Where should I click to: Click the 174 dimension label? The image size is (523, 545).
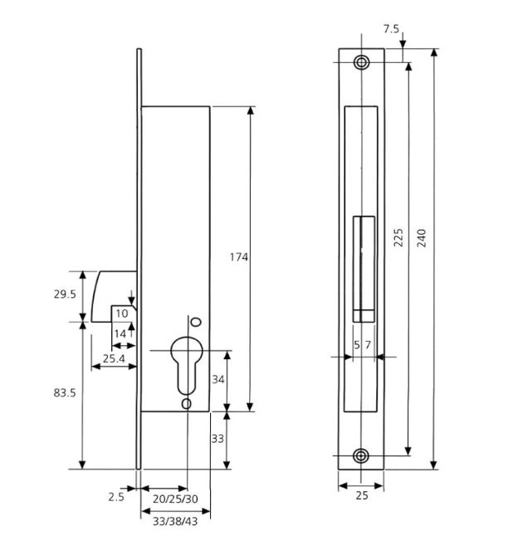(239, 257)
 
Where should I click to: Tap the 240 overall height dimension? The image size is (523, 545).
(422, 238)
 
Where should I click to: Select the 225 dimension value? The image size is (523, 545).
(398, 238)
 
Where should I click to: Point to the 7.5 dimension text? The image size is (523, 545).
(391, 29)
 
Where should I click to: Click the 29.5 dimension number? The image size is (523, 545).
(65, 294)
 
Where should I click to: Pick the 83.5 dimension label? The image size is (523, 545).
(65, 393)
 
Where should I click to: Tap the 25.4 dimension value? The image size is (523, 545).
(114, 358)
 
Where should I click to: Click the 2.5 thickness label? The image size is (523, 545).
(116, 497)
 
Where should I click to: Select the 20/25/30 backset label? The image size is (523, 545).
(175, 499)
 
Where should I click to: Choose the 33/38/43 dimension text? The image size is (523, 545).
(175, 522)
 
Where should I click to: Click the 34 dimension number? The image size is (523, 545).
(218, 380)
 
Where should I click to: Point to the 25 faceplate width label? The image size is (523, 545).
(362, 496)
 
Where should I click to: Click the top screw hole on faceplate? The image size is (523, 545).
(362, 63)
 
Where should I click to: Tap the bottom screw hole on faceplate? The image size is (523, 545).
(362, 455)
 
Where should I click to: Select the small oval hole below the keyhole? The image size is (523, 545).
(187, 404)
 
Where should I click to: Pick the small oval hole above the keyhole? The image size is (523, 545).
(197, 322)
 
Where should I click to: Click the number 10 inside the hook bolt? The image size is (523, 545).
(122, 314)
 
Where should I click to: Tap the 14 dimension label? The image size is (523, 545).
(120, 334)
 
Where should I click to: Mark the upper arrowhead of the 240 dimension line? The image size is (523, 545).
(433, 53)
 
